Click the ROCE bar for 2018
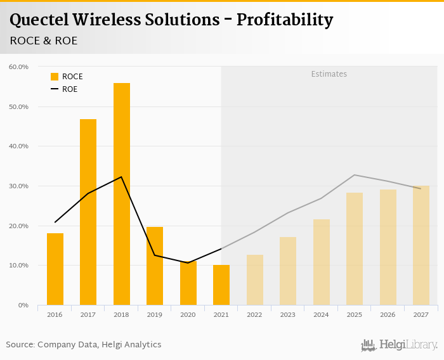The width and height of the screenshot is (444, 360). coord(122,194)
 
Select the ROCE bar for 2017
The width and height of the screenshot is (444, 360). coord(88,212)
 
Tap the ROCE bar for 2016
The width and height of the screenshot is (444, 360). coord(55,269)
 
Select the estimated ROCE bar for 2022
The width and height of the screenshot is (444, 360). coord(254,280)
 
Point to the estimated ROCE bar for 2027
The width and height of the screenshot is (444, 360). coord(421,245)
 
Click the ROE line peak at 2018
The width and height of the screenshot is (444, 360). coord(121,177)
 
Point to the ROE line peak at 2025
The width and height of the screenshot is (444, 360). coord(355,175)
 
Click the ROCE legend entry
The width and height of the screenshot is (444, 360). coord(67,77)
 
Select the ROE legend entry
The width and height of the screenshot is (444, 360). coord(64,89)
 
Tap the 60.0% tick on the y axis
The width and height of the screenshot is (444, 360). coord(18,67)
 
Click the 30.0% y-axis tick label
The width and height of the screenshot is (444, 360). coord(18,186)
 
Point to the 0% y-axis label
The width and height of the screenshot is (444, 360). coord(23,305)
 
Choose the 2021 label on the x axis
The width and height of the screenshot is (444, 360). coord(221,315)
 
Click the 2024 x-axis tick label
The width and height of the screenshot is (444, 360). coord(321,315)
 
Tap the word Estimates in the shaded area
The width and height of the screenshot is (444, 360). coord(329,74)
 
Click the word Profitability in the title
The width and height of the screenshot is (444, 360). coord(285,20)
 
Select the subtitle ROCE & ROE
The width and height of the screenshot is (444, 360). coord(44,41)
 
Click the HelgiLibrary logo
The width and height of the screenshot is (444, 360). coord(400,345)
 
